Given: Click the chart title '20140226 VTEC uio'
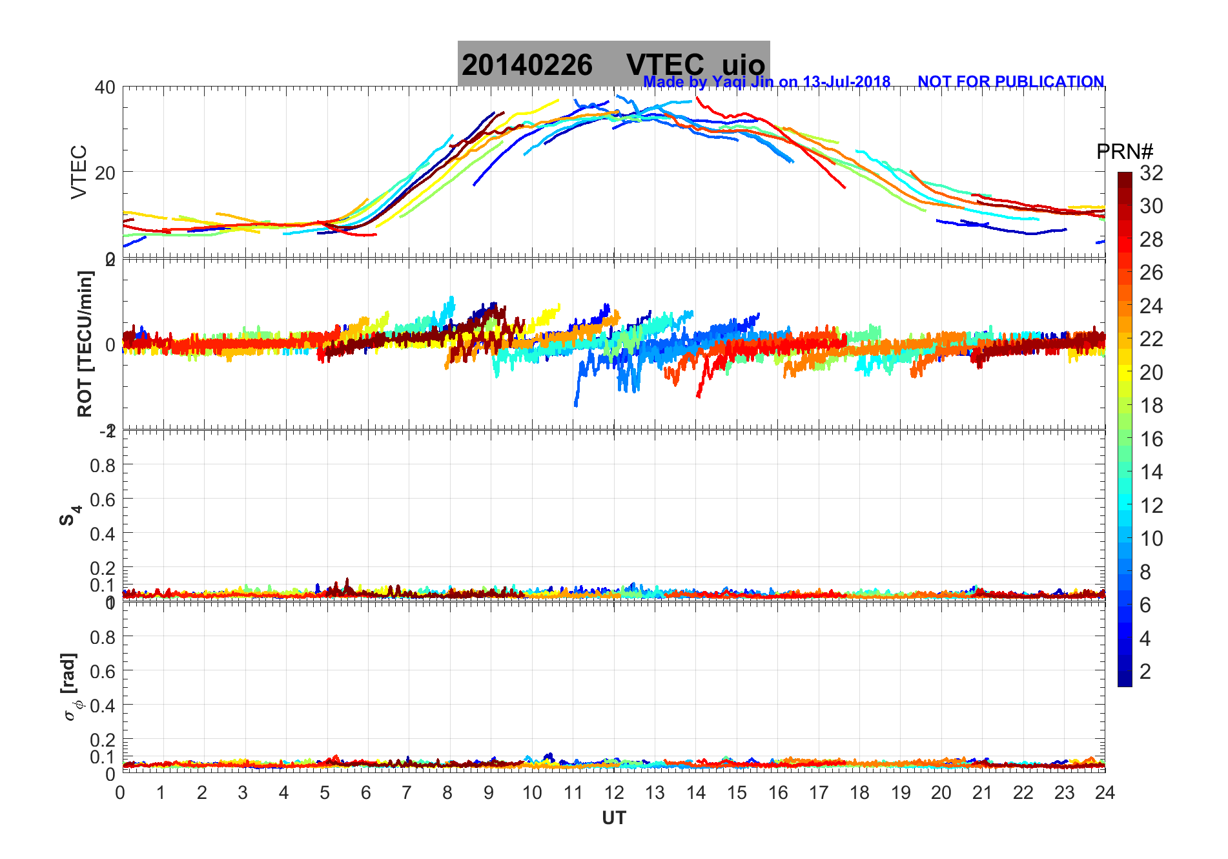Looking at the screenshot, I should click(x=613, y=65).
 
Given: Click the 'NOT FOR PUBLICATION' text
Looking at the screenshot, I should click(x=1010, y=82).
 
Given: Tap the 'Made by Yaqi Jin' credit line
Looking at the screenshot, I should click(x=766, y=82).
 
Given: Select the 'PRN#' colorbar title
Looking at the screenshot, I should click(x=1124, y=152).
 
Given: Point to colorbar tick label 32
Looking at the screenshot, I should click(x=1151, y=172).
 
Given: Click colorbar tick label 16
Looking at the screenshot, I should click(x=1151, y=439).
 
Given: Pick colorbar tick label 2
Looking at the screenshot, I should click(x=1145, y=672).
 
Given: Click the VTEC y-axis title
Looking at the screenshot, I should click(x=79, y=172).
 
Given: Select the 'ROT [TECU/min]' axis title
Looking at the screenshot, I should click(x=85, y=344).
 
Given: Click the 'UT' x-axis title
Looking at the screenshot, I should click(x=613, y=818).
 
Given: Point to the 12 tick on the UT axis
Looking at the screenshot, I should click(x=613, y=792).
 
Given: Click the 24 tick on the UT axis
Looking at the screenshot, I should click(x=1105, y=792).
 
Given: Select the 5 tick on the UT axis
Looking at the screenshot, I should click(x=325, y=792).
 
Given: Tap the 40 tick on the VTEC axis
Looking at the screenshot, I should click(x=105, y=87).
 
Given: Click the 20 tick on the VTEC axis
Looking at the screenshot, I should click(x=105, y=172).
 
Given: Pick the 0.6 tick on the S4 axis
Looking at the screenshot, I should click(x=103, y=499).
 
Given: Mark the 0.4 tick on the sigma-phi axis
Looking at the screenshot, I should click(x=103, y=705).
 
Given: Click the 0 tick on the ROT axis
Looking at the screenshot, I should click(x=110, y=344).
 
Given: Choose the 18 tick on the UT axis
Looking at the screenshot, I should click(x=859, y=792).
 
